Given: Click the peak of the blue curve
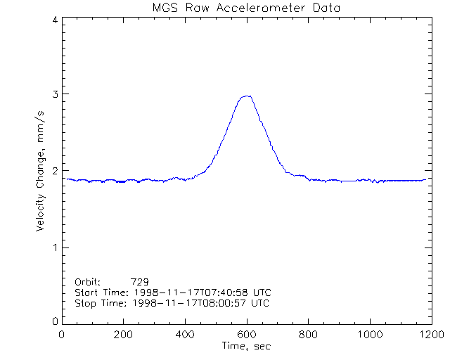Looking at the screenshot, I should [246, 96].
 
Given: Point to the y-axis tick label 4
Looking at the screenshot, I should [55, 20].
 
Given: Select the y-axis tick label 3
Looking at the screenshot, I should [55, 94].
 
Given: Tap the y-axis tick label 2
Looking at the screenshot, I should [55, 171].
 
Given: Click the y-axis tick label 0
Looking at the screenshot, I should [55, 321].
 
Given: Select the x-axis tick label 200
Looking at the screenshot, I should [123, 335].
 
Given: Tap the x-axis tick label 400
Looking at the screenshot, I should [185, 335].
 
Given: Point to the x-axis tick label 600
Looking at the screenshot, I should [246, 335].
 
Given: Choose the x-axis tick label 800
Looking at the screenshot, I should [307, 335].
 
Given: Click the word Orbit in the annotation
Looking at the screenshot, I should [88, 281].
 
